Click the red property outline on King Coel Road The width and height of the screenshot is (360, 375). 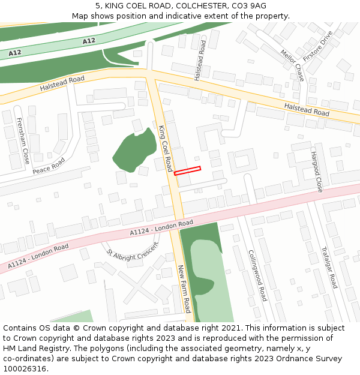click(187, 170)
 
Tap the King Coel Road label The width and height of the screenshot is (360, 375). click(166, 148)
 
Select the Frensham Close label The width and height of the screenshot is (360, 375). click(22, 141)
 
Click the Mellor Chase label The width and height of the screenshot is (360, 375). click(292, 65)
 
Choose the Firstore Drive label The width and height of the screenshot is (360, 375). click(318, 46)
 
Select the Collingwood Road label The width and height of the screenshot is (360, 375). click(257, 275)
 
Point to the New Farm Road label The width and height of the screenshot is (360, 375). click(184, 289)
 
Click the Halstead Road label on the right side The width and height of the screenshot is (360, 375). click(307, 109)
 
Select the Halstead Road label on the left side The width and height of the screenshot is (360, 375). click(62, 83)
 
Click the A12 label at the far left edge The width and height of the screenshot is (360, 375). click(15, 53)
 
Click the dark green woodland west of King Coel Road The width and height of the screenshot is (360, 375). click(134, 149)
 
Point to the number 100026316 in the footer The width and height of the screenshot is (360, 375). click(24, 368)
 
